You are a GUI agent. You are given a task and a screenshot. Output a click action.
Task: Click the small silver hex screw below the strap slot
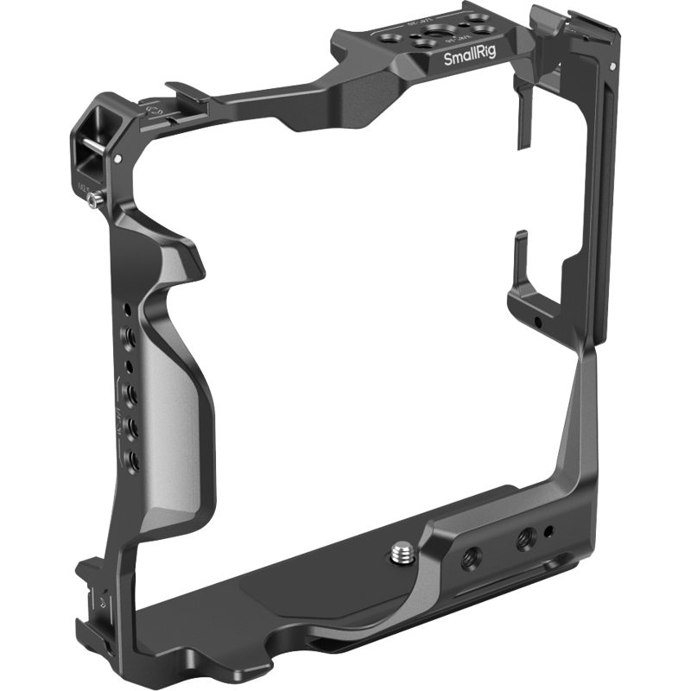click(92, 200)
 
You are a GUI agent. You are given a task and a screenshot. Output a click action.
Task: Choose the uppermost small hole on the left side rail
click(128, 308)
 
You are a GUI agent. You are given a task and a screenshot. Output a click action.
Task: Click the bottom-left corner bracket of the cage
click(91, 587)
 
